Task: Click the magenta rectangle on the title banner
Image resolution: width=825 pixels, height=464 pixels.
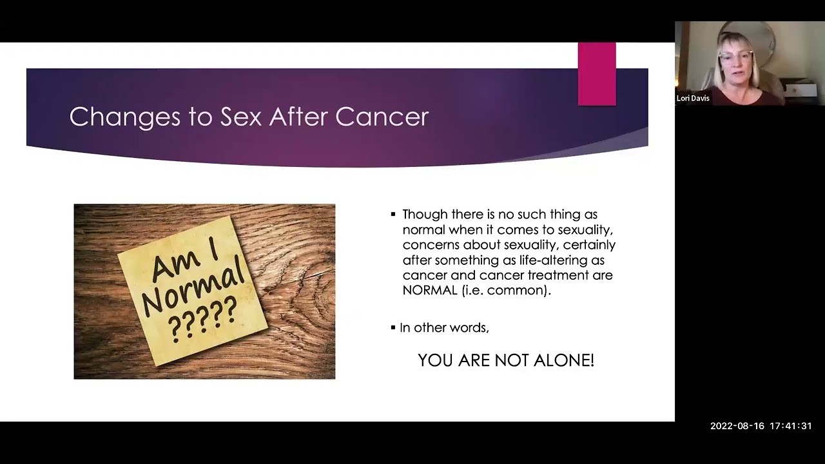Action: click(596, 74)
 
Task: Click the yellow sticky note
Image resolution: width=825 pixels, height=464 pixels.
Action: click(193, 290)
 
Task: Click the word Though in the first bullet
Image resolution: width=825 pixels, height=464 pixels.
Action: click(423, 215)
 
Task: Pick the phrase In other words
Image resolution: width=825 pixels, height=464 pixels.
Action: click(444, 327)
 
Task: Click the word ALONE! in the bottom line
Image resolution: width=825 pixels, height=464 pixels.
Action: click(566, 360)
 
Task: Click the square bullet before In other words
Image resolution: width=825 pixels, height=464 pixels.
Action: click(393, 327)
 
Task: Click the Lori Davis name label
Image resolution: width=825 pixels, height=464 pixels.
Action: click(693, 99)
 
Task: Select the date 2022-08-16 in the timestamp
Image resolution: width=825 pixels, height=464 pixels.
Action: click(737, 426)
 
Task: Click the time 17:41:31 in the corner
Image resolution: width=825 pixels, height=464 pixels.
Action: click(790, 426)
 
